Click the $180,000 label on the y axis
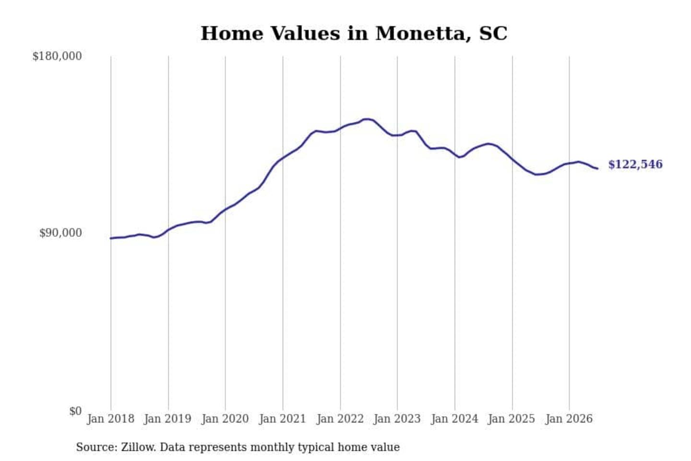(x=57, y=56)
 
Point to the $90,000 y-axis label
(x=60, y=233)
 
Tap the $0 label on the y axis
(x=75, y=411)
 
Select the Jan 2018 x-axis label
(x=111, y=419)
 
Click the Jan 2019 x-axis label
(x=168, y=419)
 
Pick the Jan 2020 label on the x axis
(x=225, y=419)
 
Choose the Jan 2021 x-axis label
(x=283, y=419)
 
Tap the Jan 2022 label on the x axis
(x=340, y=419)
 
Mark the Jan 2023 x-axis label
(x=397, y=419)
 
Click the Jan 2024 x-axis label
(x=454, y=419)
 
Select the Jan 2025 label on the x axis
(x=512, y=419)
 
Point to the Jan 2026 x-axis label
(x=569, y=419)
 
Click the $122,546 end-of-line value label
(x=635, y=165)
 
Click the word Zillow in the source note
(x=139, y=447)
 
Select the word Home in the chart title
(x=232, y=33)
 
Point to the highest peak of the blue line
(x=367, y=119)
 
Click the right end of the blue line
(x=597, y=169)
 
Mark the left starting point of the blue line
(x=111, y=238)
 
